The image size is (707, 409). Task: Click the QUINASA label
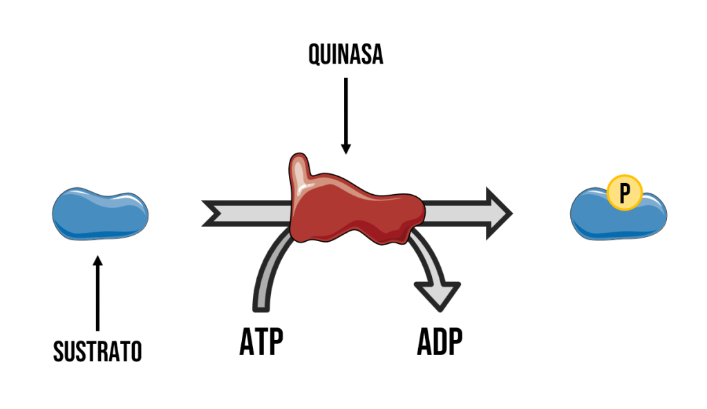click(346, 55)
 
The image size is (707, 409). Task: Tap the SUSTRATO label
click(97, 352)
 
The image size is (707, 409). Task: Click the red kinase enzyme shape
click(352, 207)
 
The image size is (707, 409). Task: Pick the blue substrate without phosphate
click(100, 215)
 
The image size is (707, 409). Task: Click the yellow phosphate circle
click(625, 193)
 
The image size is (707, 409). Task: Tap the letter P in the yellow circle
click(625, 193)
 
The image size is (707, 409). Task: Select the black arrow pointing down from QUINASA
click(346, 114)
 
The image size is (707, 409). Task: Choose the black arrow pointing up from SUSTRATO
click(97, 294)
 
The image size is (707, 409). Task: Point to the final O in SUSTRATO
click(135, 352)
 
